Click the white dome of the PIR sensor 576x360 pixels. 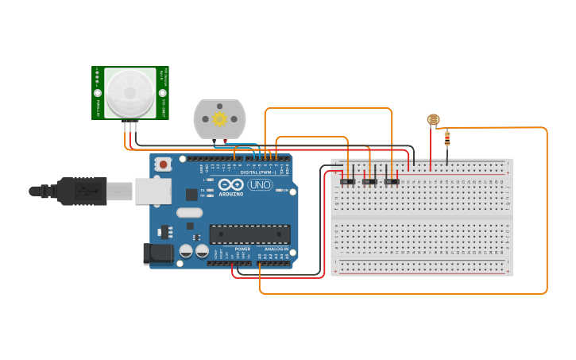pyautogui.click(x=130, y=91)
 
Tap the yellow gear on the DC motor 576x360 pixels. pyautogui.click(x=219, y=119)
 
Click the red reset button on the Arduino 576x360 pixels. pyautogui.click(x=164, y=165)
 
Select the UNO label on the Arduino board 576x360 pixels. pyautogui.click(x=260, y=185)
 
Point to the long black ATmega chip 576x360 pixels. pyautogui.click(x=249, y=234)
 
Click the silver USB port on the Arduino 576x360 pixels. pyautogui.click(x=153, y=191)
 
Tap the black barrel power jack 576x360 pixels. pyautogui.click(x=157, y=254)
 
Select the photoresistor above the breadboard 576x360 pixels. pyautogui.click(x=433, y=120)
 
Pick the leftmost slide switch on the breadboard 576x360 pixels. pyautogui.click(x=347, y=182)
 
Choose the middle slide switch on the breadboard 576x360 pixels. pyautogui.click(x=369, y=182)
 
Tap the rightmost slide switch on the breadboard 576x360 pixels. pyautogui.click(x=392, y=182)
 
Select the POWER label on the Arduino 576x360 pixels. pyautogui.click(x=242, y=249)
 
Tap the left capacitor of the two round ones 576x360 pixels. pyautogui.click(x=186, y=251)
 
